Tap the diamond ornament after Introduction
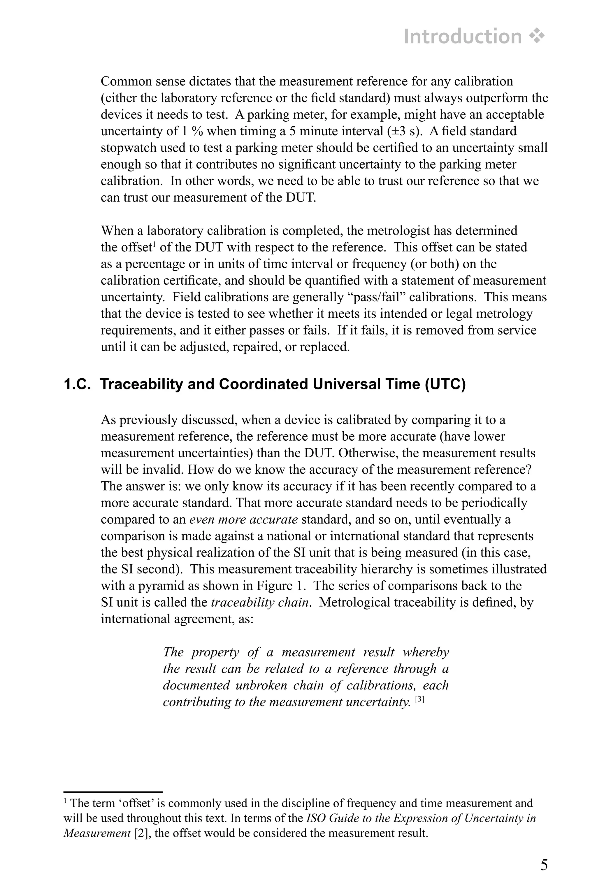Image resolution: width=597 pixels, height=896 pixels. coord(537,36)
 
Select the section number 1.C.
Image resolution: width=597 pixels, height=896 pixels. coord(77,384)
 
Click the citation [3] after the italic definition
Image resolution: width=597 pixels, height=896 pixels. coord(419,699)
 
